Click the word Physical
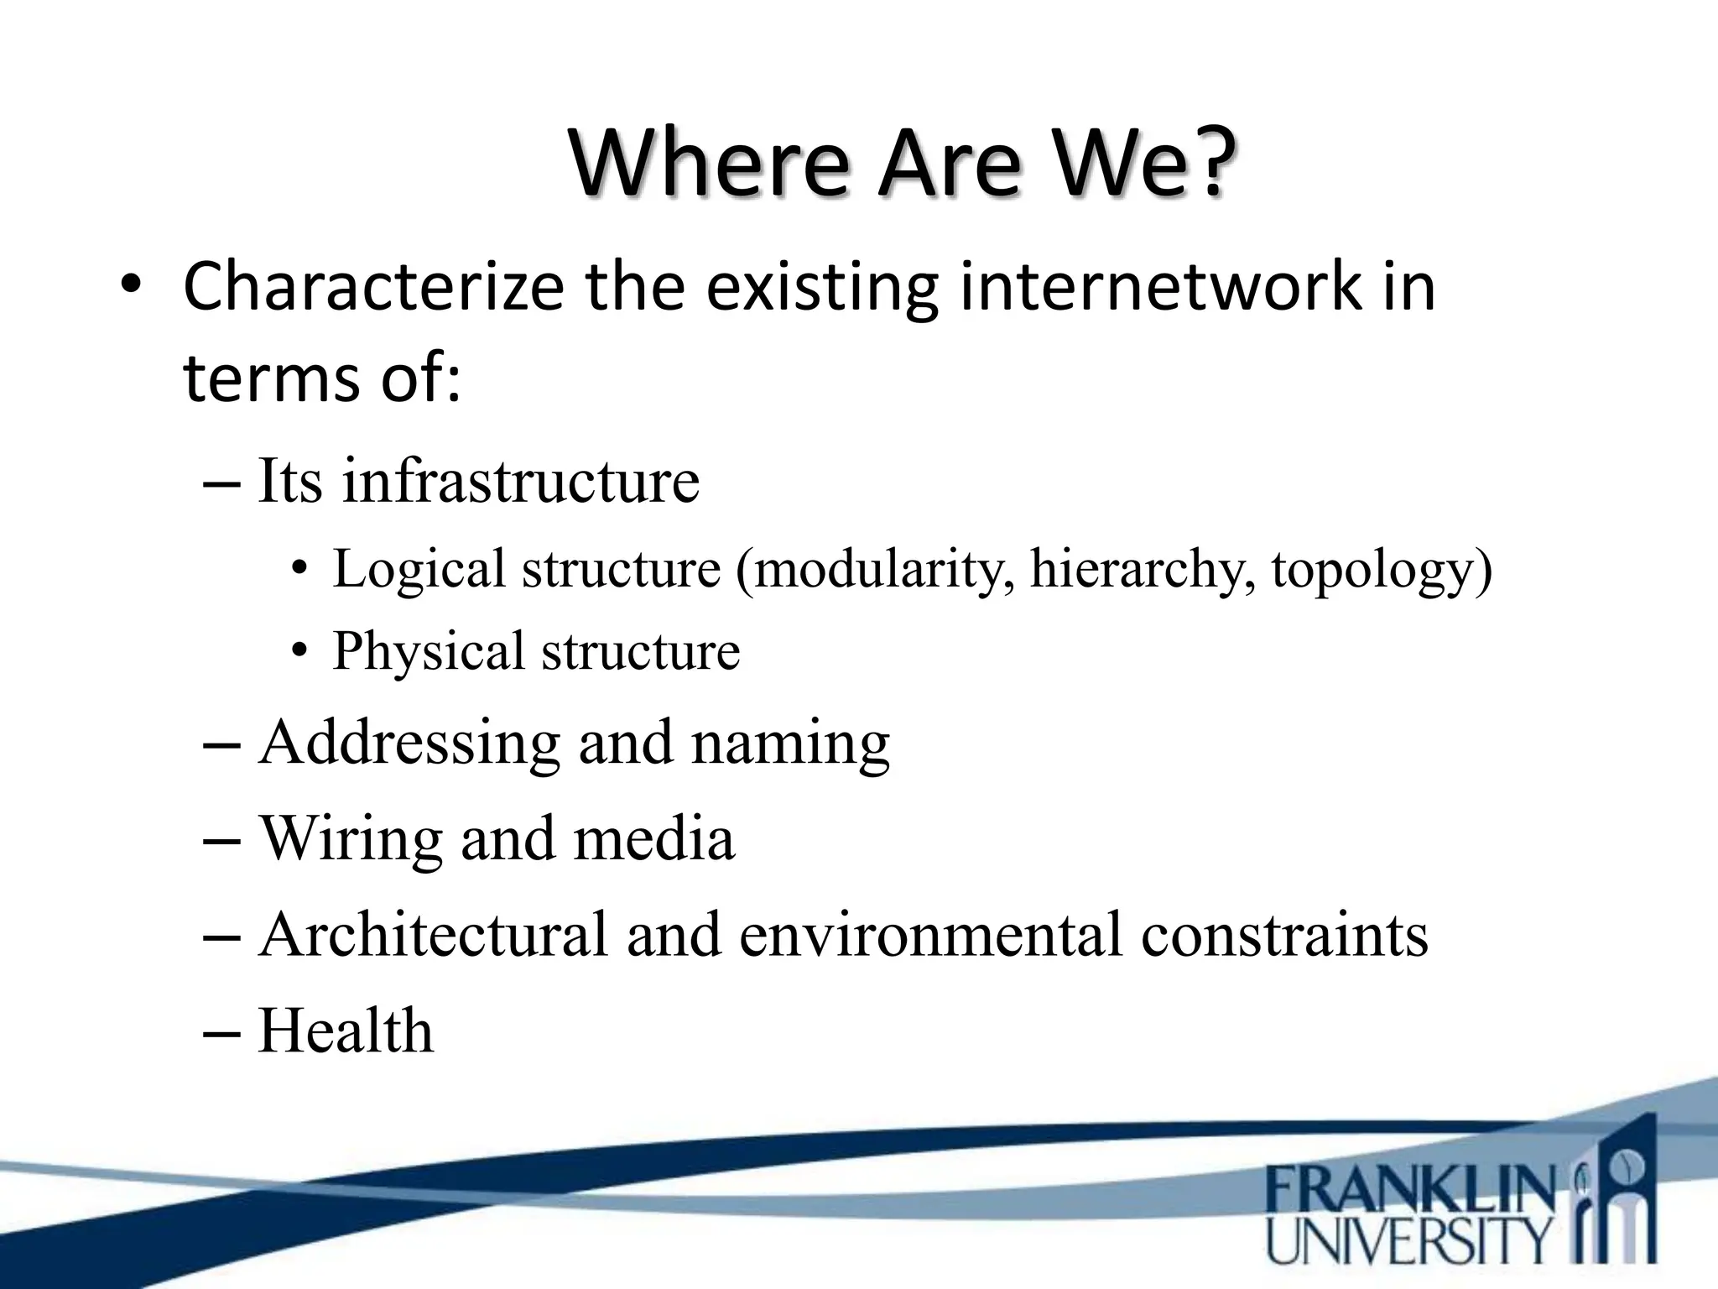[428, 651]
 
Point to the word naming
[790, 744]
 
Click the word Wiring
[351, 839]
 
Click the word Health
[346, 1031]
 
